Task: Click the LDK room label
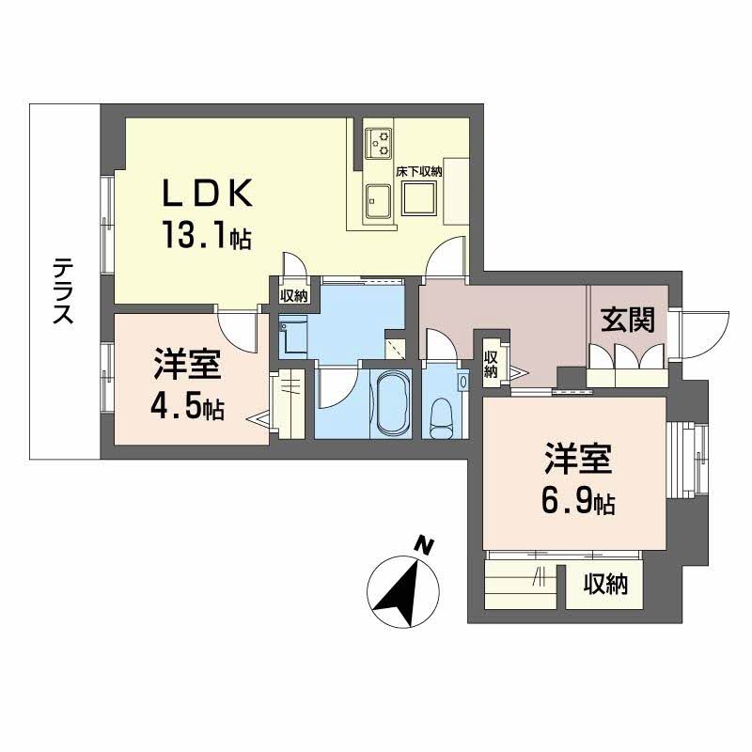tap(208, 194)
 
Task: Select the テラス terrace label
tap(63, 290)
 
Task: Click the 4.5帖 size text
tap(187, 407)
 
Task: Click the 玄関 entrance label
tap(628, 320)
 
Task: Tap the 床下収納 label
tap(418, 172)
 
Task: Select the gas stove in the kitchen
tap(379, 143)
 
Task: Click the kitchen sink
tap(379, 201)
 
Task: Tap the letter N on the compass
tap(424, 546)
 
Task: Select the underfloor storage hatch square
tap(418, 199)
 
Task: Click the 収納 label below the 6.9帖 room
tap(605, 584)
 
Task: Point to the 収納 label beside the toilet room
tap(490, 365)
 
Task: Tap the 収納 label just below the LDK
tap(293, 295)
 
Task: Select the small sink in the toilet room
tap(462, 382)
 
